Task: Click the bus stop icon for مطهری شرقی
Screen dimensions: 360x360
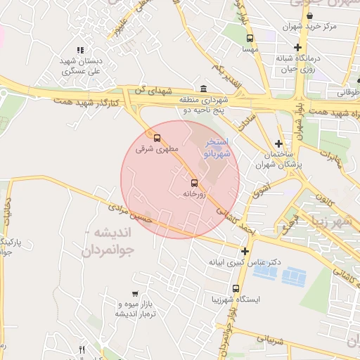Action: (157, 138)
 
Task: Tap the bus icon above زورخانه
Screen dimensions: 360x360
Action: (195, 184)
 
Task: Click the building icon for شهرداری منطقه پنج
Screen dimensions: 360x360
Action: (203, 89)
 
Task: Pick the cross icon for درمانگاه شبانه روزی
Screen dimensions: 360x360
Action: (298, 47)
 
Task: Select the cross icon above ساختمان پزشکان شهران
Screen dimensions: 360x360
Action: (278, 143)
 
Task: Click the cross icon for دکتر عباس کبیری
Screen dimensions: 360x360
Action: (245, 251)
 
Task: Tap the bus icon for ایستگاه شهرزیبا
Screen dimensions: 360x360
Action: (235, 288)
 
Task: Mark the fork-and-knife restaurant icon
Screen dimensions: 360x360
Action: (82, 349)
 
